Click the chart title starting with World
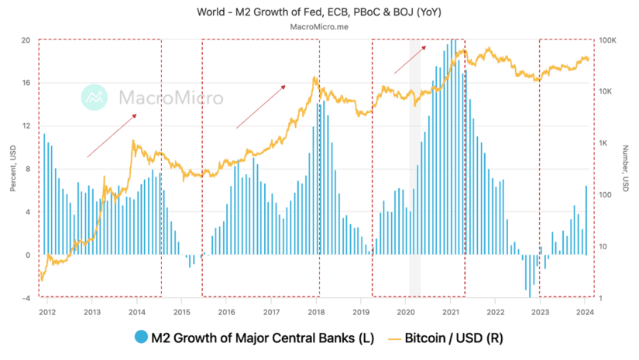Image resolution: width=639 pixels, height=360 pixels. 320,10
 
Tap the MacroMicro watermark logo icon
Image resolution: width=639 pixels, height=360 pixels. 97,98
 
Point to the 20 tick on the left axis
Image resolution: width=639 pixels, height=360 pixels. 26,39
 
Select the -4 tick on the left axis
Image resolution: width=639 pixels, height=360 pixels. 26,298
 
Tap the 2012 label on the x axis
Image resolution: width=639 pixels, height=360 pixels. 47,312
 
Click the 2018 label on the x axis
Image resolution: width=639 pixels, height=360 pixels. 316,312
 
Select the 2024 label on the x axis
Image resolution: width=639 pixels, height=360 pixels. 586,312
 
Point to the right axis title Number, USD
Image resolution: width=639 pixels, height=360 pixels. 627,169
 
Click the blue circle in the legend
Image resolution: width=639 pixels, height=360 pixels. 141,338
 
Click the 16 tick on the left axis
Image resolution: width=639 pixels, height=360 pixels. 26,83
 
